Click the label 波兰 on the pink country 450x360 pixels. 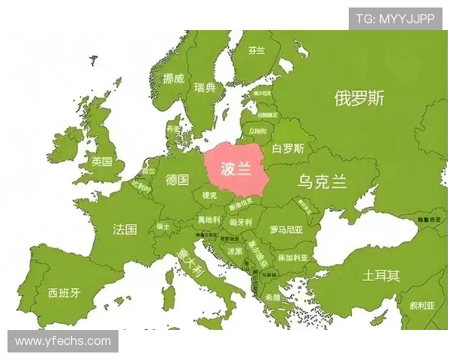[x=235, y=169]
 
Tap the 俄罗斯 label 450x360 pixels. [x=359, y=98]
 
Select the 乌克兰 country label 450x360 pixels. [x=322, y=181]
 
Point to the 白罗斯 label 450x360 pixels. [x=288, y=148]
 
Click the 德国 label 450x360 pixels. [x=177, y=180]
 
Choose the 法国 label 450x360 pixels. [x=124, y=229]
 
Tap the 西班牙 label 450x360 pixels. [x=64, y=292]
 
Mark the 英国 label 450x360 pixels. [x=101, y=161]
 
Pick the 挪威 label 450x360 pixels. [x=173, y=78]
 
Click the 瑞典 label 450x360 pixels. [x=204, y=88]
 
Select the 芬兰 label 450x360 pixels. [x=256, y=51]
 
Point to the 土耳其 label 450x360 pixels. [x=380, y=275]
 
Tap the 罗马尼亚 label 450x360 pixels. [x=286, y=229]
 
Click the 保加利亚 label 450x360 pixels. [x=292, y=257]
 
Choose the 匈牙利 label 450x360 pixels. [x=241, y=223]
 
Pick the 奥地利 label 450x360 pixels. [x=208, y=220]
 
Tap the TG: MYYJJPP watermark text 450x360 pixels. [x=395, y=19]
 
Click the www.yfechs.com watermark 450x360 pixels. [x=63, y=341]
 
